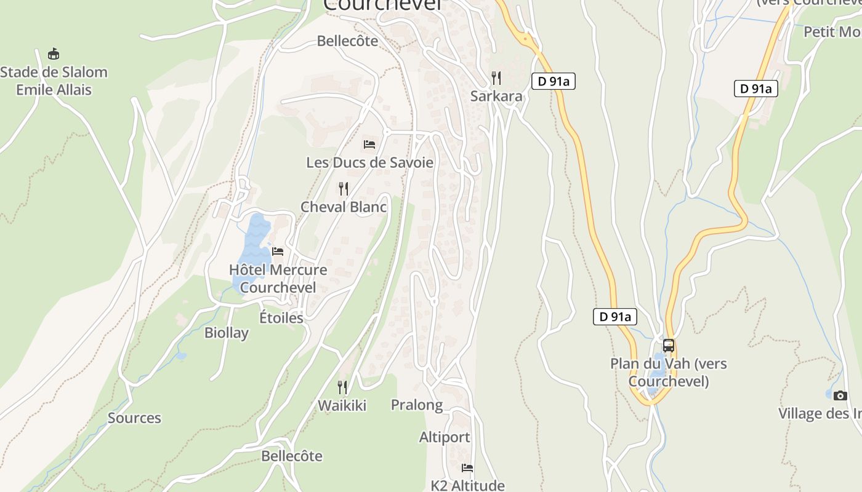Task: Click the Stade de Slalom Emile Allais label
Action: (x=54, y=81)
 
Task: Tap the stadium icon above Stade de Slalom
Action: (x=54, y=54)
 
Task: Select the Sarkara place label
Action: (x=496, y=96)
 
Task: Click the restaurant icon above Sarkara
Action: (x=496, y=78)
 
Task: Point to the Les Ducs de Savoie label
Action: (x=369, y=162)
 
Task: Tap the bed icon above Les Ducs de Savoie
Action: (x=369, y=145)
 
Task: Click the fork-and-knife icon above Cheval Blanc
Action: (x=344, y=189)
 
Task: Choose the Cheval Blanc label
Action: (x=344, y=207)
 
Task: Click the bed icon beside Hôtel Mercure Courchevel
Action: (x=278, y=252)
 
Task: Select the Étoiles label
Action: (x=281, y=317)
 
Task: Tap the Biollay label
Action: (x=227, y=333)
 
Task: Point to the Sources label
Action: (x=134, y=418)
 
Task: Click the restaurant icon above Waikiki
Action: (x=342, y=387)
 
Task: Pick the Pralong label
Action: (x=417, y=405)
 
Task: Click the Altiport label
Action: (x=445, y=437)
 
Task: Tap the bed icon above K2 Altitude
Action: (x=467, y=468)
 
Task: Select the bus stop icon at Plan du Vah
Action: (x=669, y=346)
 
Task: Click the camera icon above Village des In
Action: (x=840, y=395)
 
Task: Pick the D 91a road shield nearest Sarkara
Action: (x=554, y=81)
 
